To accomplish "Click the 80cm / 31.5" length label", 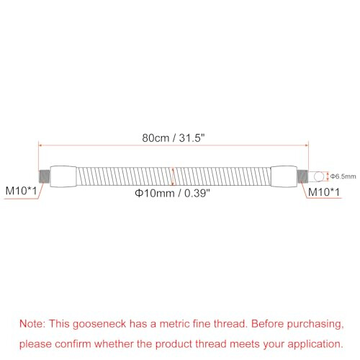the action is point(173,138).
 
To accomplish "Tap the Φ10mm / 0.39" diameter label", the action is point(172,193).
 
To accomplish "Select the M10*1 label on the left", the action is point(21,191).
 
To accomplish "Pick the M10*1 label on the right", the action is point(324,192).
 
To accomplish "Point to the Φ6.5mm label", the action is point(343,176).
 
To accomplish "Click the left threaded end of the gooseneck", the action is point(44,176).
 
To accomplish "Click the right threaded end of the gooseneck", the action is point(302,176).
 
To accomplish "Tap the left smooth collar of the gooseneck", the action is point(63,176).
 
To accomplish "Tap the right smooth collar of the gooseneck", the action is point(284,176).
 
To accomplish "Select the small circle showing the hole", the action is point(319,176).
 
